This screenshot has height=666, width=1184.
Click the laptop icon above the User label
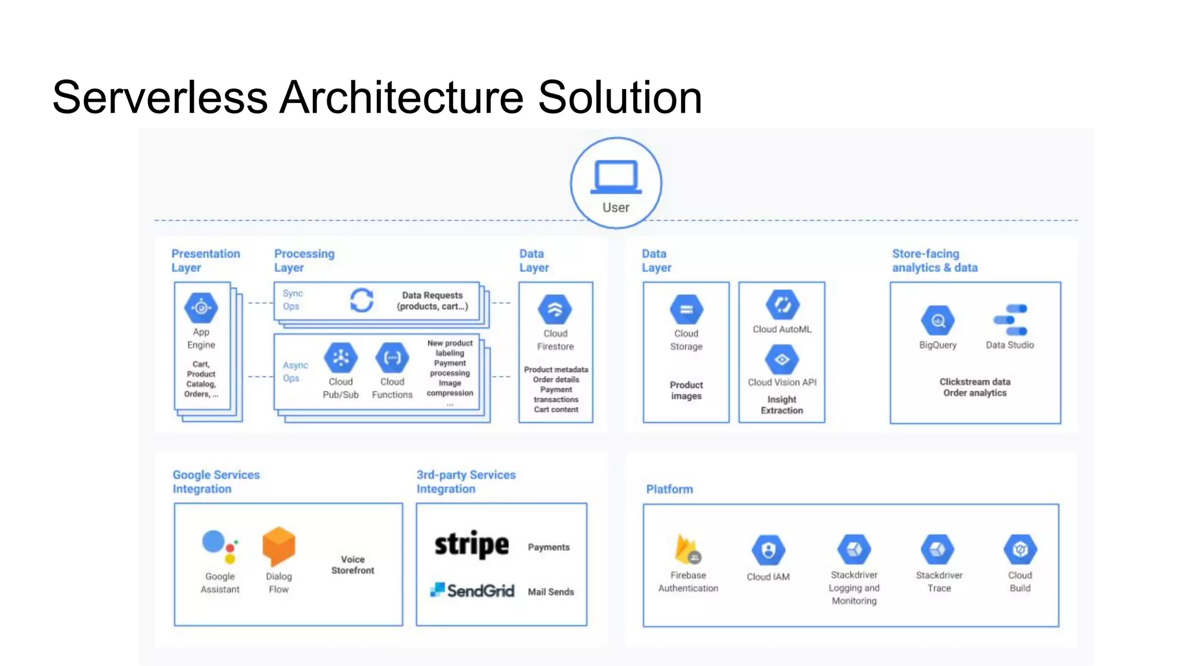pos(616,177)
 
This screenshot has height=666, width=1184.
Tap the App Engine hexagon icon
pos(201,308)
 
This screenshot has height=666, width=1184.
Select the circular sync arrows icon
pos(362,300)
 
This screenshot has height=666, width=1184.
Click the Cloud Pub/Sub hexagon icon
pos(341,358)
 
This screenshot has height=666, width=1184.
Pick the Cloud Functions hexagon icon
pos(392,358)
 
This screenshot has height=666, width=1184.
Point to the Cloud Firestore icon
pos(555,309)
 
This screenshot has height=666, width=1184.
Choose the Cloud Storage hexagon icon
pos(686,309)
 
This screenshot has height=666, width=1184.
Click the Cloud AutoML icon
pos(782,305)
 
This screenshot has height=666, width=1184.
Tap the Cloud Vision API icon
pos(782,359)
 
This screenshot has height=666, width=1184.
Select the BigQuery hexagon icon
pos(938,320)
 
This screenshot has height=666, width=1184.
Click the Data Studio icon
pos(1010,320)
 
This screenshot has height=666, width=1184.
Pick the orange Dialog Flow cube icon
pos(279,546)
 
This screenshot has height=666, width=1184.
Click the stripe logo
pos(471,545)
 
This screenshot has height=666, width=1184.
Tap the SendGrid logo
pos(472,590)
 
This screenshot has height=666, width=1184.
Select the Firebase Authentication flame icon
pos(687,549)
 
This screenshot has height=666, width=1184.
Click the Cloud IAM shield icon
pos(768,550)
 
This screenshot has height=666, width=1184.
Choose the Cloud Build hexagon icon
pos(1020,549)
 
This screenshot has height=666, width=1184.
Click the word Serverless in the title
pos(160,97)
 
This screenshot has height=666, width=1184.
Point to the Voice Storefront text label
pos(353,565)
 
